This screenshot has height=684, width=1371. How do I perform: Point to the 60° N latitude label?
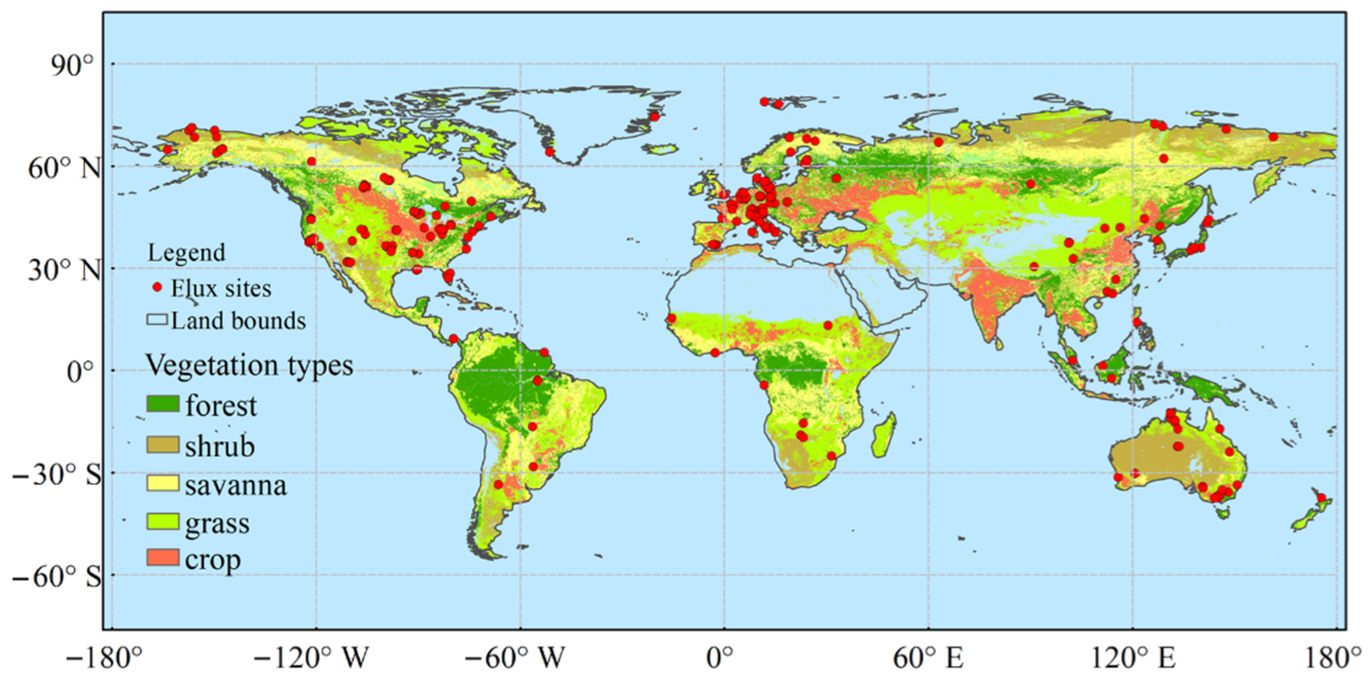64,169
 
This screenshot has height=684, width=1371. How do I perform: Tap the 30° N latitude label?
64,271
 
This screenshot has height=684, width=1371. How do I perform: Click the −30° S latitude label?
56,474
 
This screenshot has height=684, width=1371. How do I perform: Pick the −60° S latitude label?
56,576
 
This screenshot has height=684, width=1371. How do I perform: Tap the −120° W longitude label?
312,658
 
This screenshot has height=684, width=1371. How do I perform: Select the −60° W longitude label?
515,658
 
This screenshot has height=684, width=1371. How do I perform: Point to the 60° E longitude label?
928,658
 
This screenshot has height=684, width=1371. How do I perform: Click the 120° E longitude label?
1134,658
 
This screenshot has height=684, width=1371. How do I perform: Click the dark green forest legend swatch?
163,404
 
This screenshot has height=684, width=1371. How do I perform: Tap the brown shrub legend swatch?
163,445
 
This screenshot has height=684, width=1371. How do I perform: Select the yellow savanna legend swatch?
163,484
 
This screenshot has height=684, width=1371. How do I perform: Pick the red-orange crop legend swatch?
163,558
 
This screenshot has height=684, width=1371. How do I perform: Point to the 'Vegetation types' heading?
249,366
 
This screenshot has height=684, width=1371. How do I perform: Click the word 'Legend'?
186,253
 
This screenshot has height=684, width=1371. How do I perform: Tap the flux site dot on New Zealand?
1321,498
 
